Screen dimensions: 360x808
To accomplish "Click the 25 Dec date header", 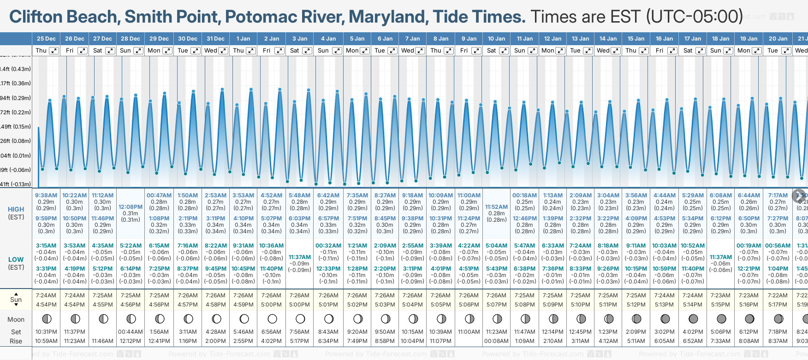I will [46, 39].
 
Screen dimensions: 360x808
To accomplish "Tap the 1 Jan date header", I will [243, 39].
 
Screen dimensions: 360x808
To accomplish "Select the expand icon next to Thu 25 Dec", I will [54, 51].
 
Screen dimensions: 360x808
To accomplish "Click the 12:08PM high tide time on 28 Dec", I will [131, 207].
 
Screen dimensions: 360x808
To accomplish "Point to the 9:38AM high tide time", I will [46, 195].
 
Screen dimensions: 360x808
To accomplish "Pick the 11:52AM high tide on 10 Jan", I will [496, 207].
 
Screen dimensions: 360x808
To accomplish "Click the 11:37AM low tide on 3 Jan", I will [300, 257].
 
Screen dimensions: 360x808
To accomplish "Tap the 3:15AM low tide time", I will [46, 246].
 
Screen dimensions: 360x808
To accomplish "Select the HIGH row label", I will [16, 209].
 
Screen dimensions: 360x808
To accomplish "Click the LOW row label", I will [16, 260].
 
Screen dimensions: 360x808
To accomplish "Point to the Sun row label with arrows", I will [16, 300].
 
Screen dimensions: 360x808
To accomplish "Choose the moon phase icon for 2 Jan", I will [272, 319].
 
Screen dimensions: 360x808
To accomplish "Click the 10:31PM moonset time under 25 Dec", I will [46, 332].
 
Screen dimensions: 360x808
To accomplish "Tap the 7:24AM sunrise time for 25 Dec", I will [46, 295].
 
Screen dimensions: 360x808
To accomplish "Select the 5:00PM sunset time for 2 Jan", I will [271, 305].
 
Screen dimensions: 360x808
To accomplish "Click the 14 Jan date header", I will [608, 39].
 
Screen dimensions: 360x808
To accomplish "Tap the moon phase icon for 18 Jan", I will [721, 319].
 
